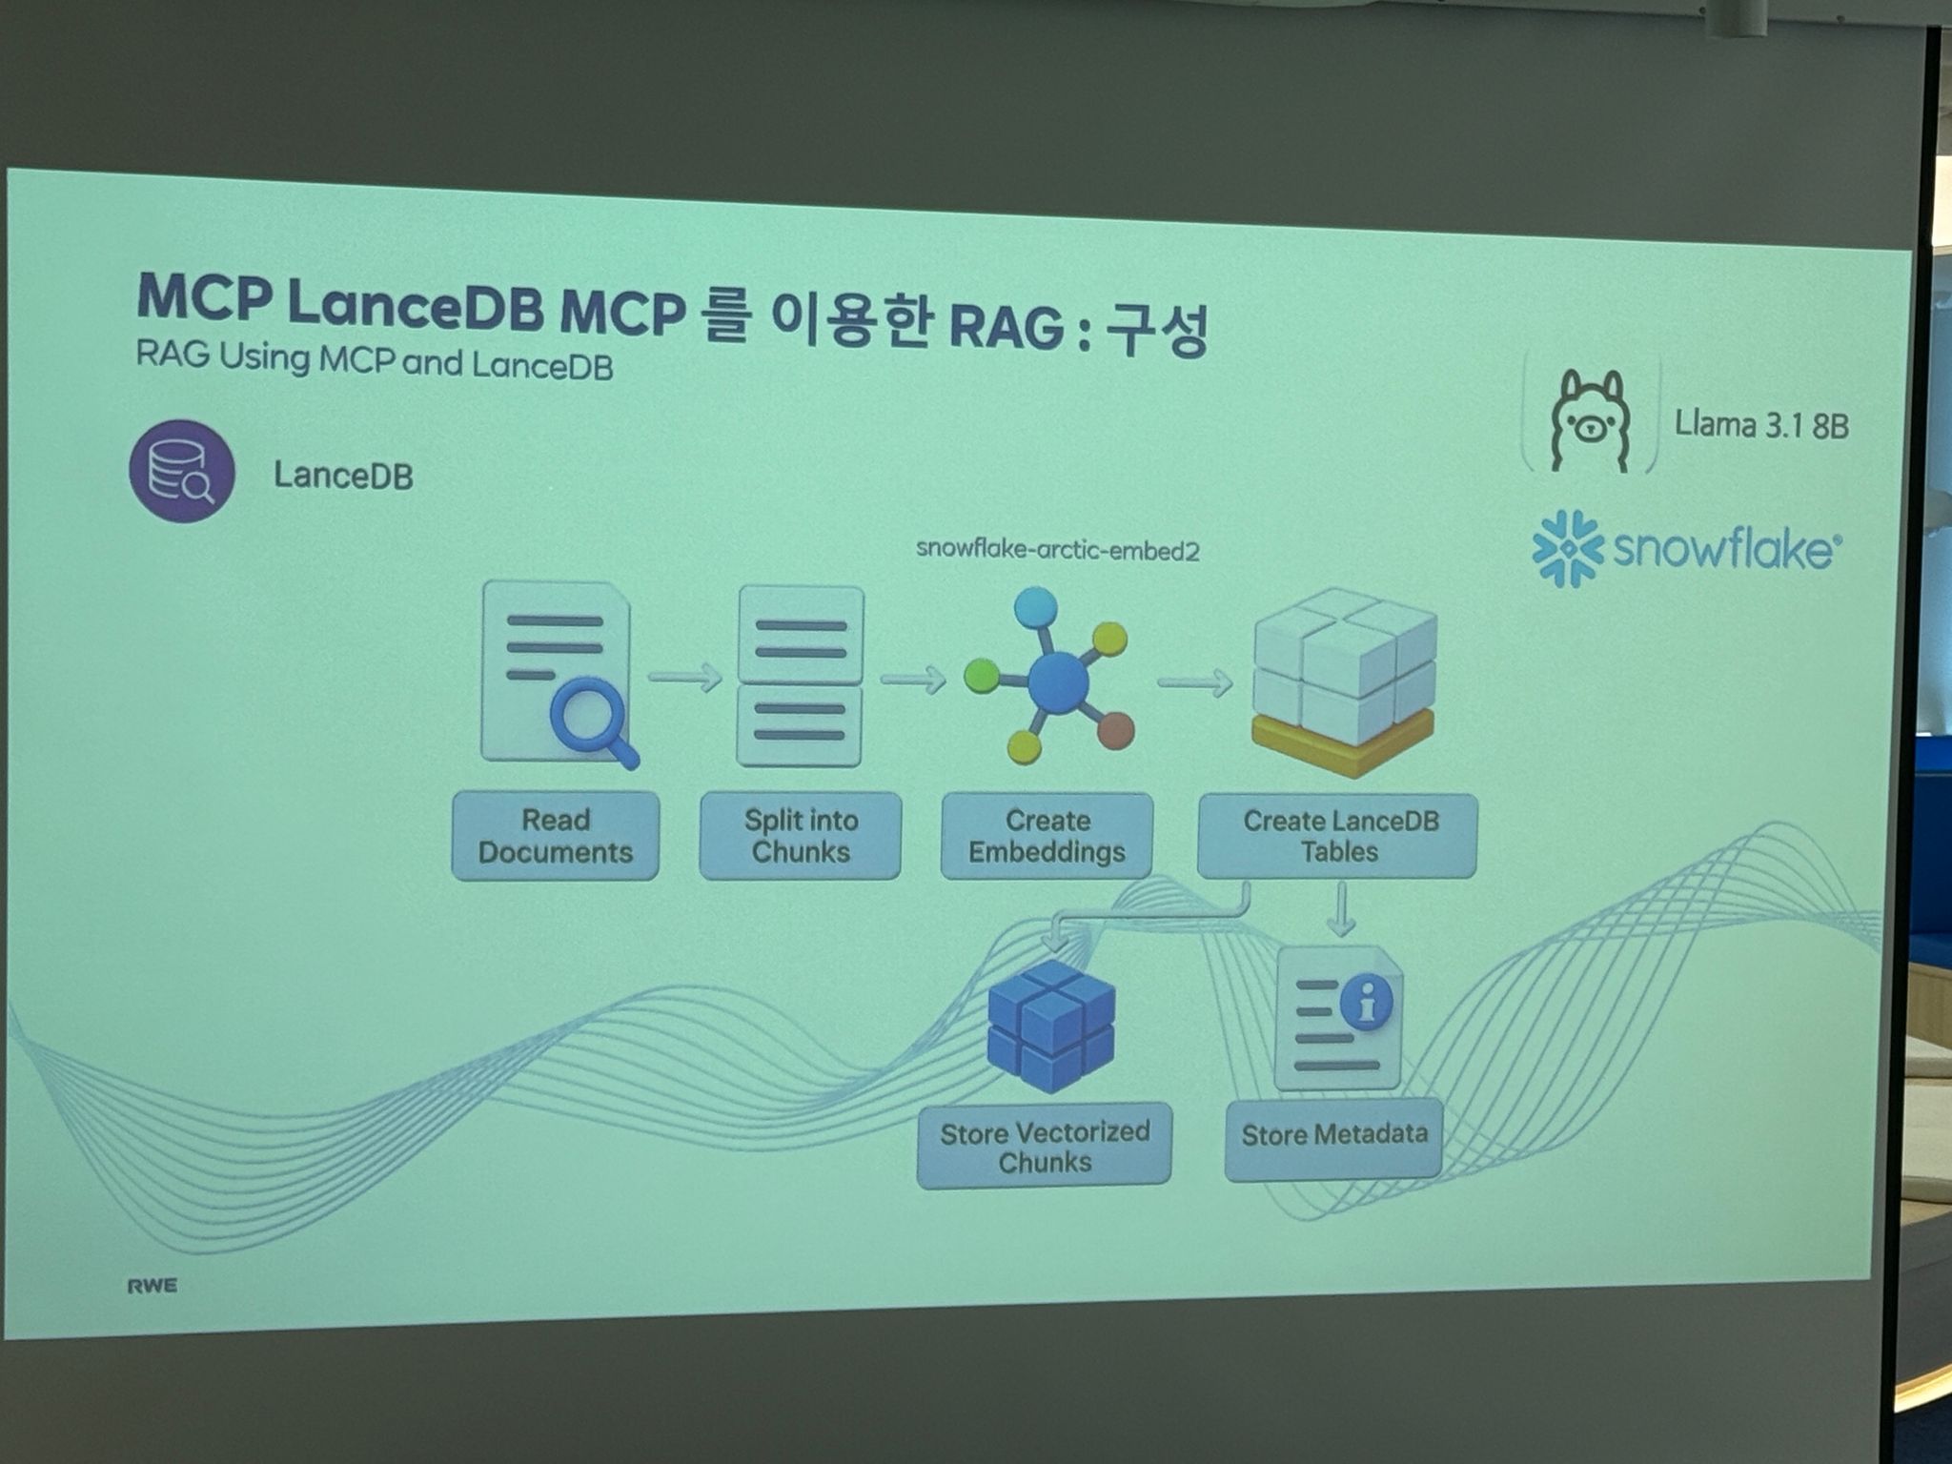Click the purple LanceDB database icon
click(x=182, y=472)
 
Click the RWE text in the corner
click(x=152, y=1286)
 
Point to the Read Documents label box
click(x=556, y=835)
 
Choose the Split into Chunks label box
click(x=801, y=835)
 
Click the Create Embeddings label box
click(x=1047, y=836)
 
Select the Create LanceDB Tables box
click(x=1338, y=836)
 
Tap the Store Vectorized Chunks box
click(x=1045, y=1146)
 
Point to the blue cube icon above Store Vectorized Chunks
click(x=1051, y=1027)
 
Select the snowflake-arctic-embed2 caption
click(x=1057, y=550)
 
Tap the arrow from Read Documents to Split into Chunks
click(x=684, y=677)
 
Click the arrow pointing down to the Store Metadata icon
click(x=1341, y=910)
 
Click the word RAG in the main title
click(x=1006, y=326)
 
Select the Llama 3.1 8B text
click(x=1761, y=425)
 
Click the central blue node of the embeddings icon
click(x=1058, y=681)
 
